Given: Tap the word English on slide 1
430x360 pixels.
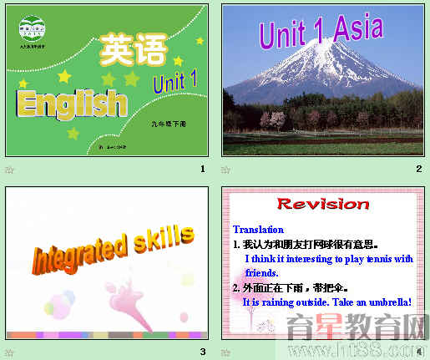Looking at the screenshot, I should tap(72, 104).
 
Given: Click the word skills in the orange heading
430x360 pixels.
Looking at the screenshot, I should tap(164, 239).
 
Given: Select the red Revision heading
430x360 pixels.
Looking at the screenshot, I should tap(322, 204).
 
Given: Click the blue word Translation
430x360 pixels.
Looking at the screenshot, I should tap(258, 229).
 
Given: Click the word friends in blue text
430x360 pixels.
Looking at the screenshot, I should tap(261, 272).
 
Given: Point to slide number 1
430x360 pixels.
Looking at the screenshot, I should tap(202, 170).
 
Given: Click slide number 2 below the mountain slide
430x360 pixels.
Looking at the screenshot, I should tap(419, 170).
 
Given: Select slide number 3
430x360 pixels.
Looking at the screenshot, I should tap(202, 352).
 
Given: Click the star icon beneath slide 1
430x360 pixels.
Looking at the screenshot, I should tap(10, 170).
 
